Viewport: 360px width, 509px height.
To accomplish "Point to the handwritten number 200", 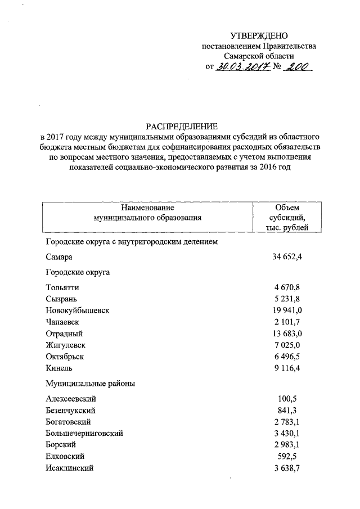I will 296,68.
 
